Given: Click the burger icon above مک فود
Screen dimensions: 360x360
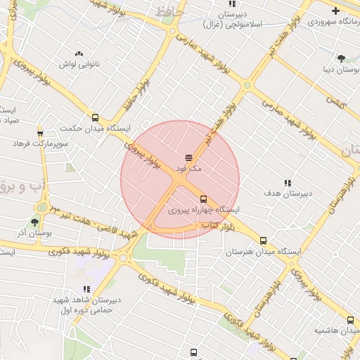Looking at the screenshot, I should (188, 157).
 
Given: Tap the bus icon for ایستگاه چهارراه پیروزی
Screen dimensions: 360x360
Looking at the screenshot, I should (203, 199).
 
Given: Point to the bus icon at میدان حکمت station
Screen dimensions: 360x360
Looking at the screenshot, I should (95, 118).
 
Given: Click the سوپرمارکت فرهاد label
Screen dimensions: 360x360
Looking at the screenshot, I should (40, 143).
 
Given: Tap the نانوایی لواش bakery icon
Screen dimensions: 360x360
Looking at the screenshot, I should (78, 53).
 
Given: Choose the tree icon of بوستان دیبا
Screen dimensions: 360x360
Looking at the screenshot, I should (341, 58).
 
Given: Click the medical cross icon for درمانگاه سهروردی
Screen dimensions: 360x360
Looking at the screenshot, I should (335, 11).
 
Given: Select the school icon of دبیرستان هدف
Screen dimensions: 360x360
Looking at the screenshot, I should (287, 182).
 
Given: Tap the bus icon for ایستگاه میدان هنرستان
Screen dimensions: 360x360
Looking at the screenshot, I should (264, 240).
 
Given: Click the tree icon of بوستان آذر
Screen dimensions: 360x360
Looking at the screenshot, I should (34, 222).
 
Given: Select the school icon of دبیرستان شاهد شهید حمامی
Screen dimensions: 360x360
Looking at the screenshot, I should (86, 289).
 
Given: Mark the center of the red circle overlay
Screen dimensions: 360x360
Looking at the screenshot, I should (180, 180).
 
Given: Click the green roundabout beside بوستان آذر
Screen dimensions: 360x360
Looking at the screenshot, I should (44, 207).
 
